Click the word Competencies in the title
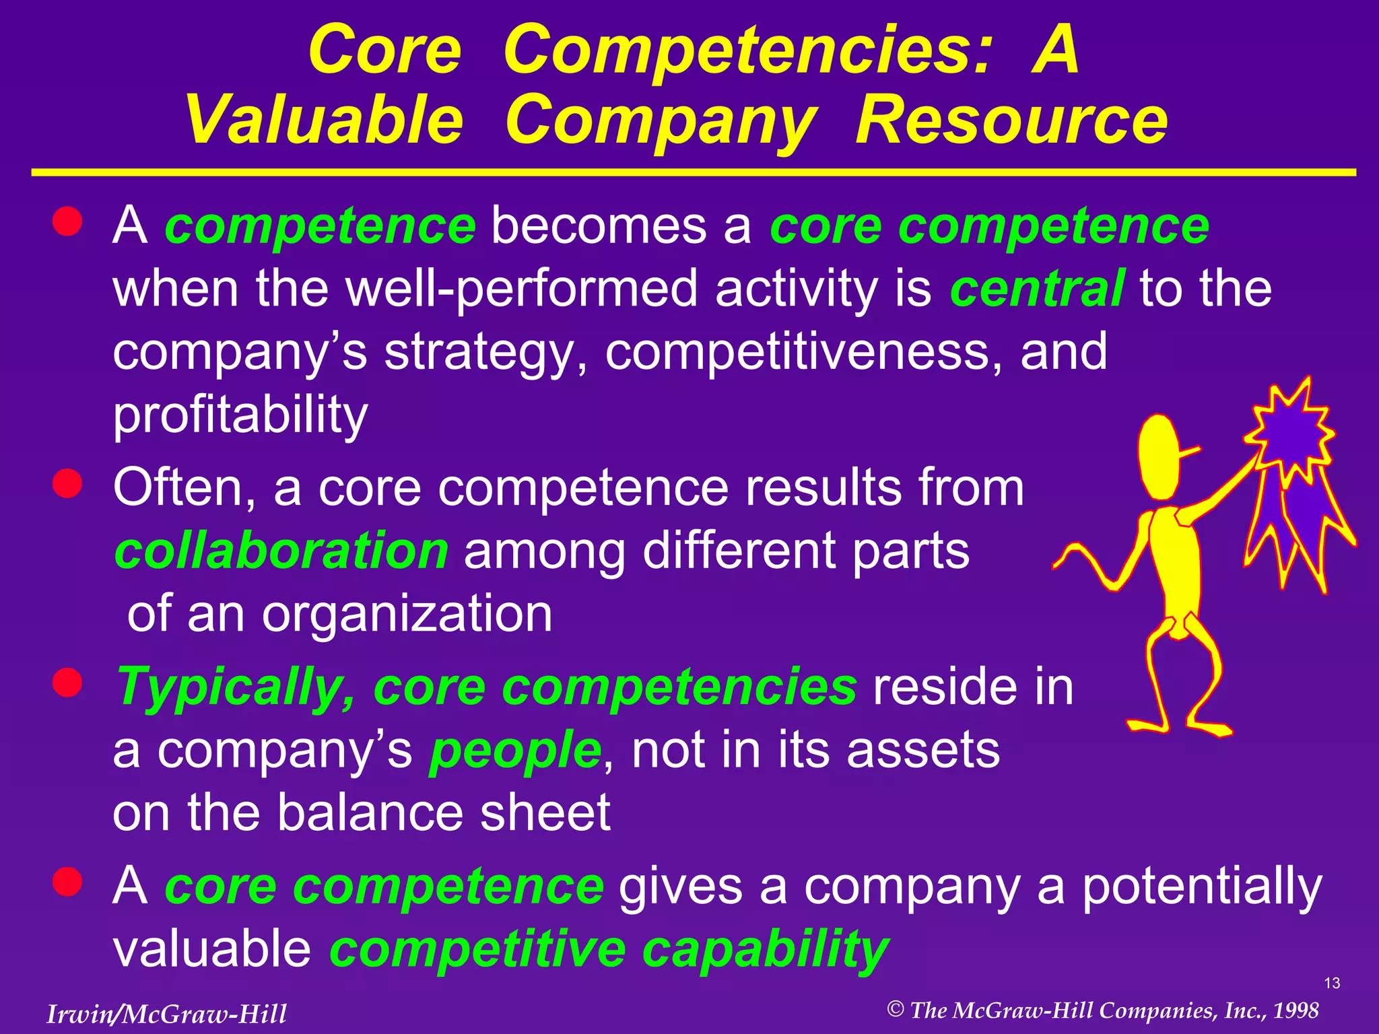[x=747, y=50]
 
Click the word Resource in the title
[x=1011, y=121]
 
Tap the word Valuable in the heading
[x=325, y=121]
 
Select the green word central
[x=1037, y=288]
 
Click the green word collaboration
[x=281, y=551]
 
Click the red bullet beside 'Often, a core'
[x=67, y=483]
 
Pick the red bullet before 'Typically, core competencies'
[x=67, y=683]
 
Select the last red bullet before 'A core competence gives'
[x=67, y=882]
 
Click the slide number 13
[x=1332, y=984]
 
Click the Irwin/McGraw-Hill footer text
[x=166, y=1014]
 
